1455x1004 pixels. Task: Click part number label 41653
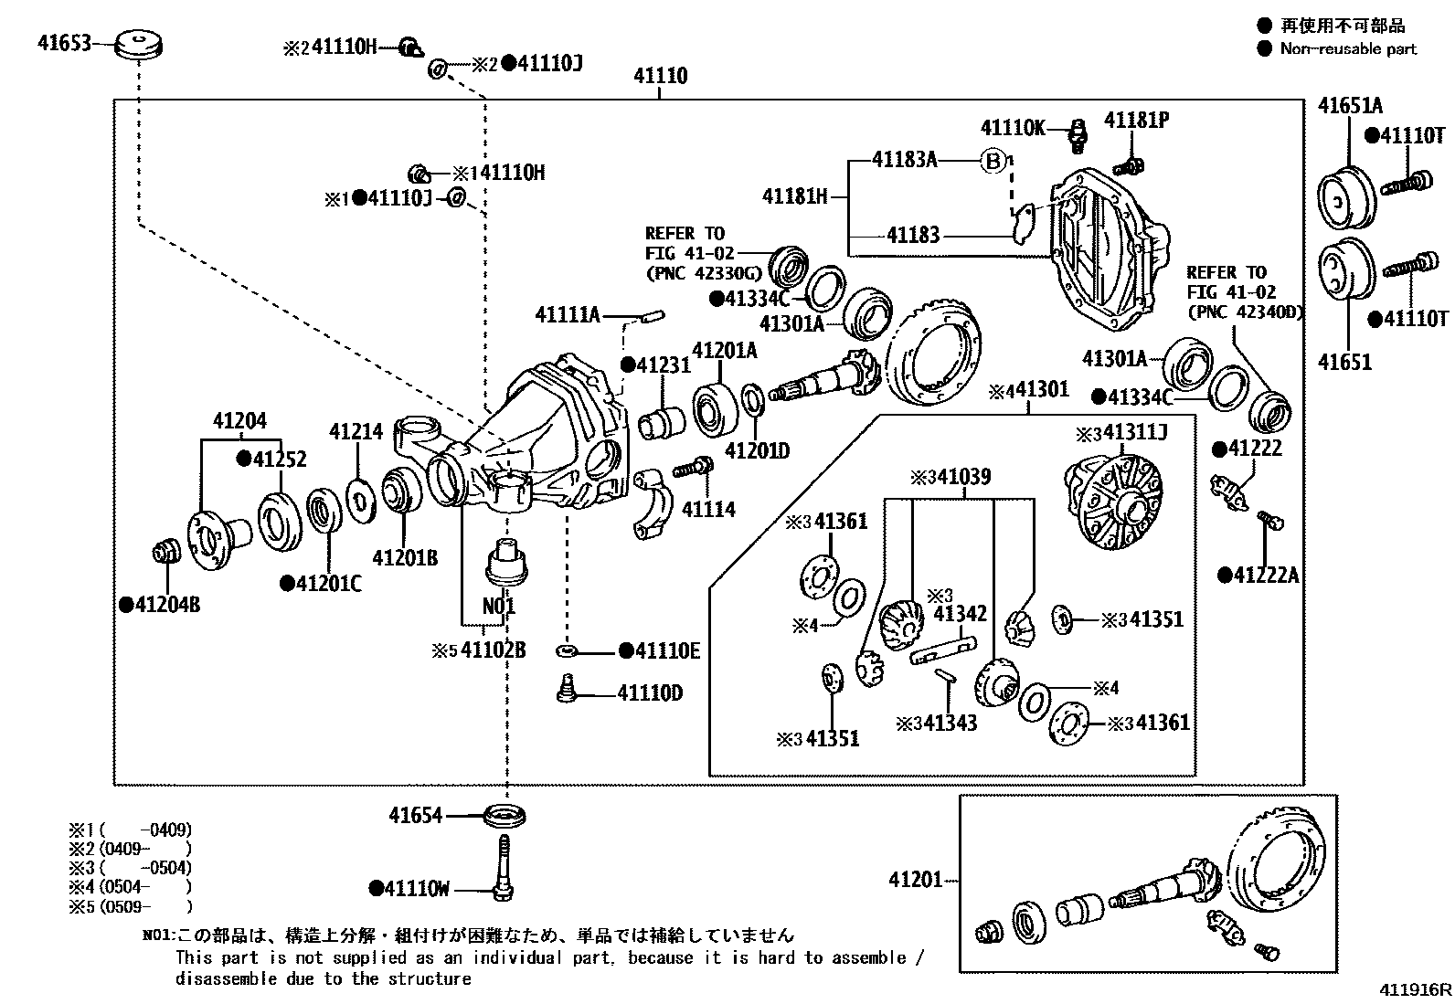click(x=64, y=42)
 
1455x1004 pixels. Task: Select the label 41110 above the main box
click(x=660, y=77)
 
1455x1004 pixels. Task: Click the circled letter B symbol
click(x=993, y=161)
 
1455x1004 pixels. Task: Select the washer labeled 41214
click(x=360, y=502)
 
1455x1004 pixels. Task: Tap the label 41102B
click(x=493, y=650)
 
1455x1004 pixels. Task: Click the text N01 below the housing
click(x=498, y=607)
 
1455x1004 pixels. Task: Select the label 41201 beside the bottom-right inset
click(x=915, y=880)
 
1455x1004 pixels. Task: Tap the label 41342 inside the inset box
click(x=960, y=613)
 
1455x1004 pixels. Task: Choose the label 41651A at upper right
click(x=1350, y=106)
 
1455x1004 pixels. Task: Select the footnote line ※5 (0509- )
click(x=131, y=907)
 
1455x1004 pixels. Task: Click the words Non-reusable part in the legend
click(x=1348, y=49)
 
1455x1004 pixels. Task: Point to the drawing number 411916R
click(x=1416, y=989)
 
